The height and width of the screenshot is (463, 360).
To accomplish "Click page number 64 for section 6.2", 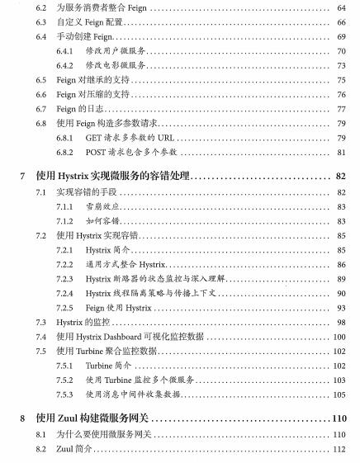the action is (x=340, y=8).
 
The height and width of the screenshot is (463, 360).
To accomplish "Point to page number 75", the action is (x=340, y=80).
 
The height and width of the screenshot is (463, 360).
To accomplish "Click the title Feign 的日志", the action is (x=80, y=109).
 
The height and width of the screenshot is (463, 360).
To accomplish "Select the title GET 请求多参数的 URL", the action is (x=130, y=138).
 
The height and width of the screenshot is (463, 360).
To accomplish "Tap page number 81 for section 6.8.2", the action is (x=340, y=152).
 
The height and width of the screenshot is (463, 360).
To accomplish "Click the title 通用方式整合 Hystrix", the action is (x=126, y=264).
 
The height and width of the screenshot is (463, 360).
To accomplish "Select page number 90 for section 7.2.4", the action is (x=340, y=292).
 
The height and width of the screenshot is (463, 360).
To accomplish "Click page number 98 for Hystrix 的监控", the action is (x=340, y=321).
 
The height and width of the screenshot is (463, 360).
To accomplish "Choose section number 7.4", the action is (x=41, y=336).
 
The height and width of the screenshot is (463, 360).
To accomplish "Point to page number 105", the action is (x=339, y=394).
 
